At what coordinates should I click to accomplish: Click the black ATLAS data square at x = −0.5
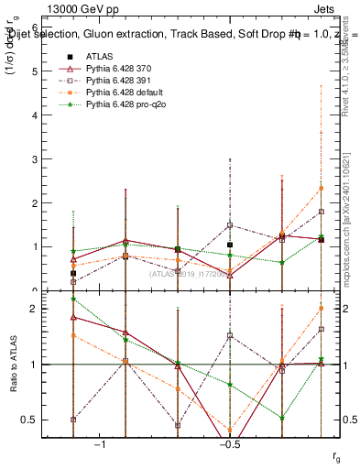click(230, 245)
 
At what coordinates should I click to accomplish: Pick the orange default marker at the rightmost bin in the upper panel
click(321, 188)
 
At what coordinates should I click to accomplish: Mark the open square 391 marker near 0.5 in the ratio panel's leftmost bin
click(73, 420)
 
